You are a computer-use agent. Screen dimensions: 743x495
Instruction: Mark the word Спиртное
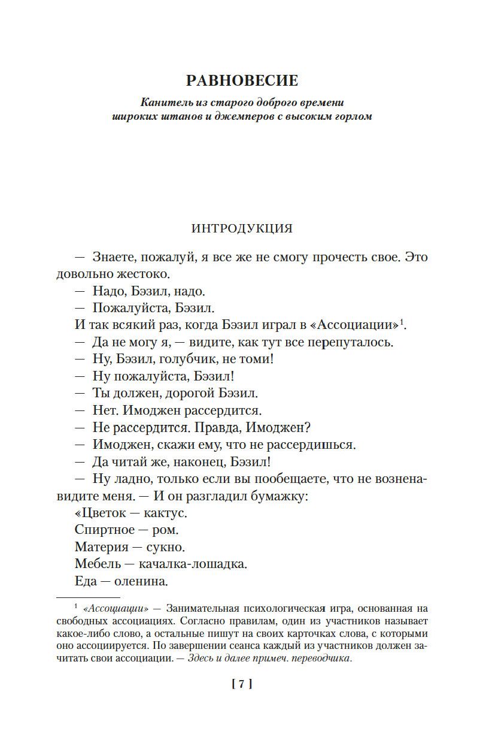point(103,530)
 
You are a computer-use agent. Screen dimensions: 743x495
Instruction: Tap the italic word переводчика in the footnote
point(321,659)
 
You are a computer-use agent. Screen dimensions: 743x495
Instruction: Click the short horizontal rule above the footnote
point(88,597)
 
